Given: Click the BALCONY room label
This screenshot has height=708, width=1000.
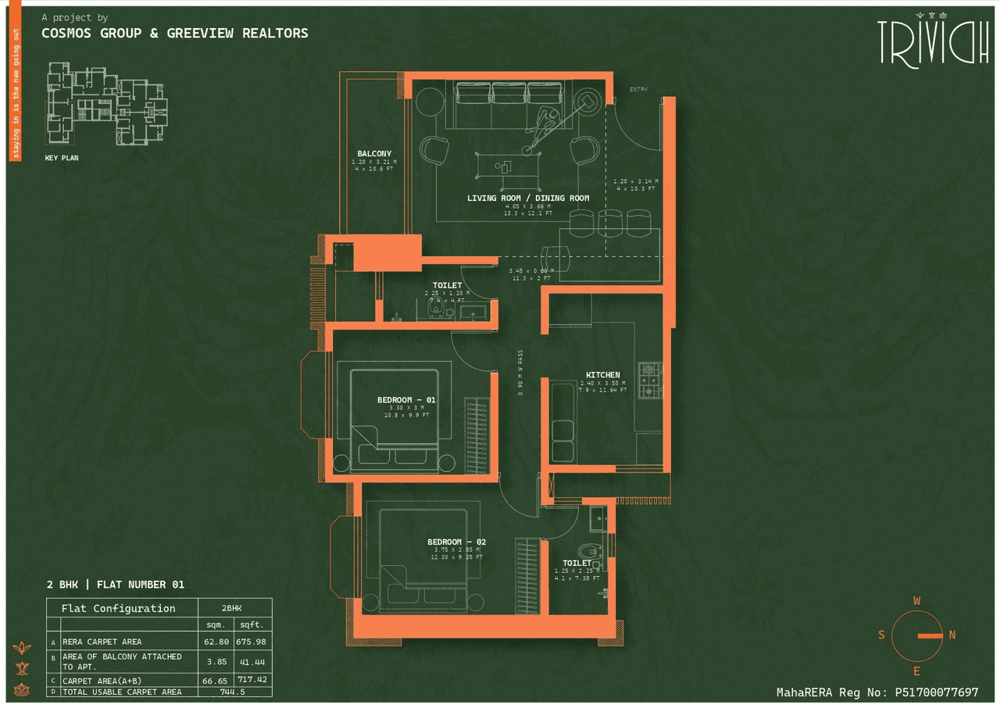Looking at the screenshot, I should click(x=374, y=154).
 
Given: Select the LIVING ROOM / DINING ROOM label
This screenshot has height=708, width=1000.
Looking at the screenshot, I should click(x=528, y=198).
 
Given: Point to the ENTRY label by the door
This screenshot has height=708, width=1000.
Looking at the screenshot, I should click(x=638, y=90).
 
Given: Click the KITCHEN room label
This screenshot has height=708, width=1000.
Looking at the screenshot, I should click(x=603, y=375).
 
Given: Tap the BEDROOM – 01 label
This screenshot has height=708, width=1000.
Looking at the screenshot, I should click(x=406, y=400).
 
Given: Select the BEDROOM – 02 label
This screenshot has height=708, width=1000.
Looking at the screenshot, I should click(x=456, y=542).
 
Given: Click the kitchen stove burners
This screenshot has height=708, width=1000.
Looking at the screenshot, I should click(x=649, y=379).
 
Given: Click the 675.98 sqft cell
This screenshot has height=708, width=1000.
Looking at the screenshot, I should click(x=252, y=642).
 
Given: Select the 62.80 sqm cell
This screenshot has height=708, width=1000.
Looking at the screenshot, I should click(x=216, y=642).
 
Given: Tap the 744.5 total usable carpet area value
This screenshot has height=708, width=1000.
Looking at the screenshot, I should click(x=233, y=692).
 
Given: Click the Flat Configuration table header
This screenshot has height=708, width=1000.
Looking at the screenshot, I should click(x=119, y=608).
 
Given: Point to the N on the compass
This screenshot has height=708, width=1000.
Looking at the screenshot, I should click(x=952, y=635).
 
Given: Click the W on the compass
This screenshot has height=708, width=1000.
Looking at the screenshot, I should click(x=916, y=601).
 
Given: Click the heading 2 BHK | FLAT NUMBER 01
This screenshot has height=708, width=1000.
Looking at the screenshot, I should click(x=116, y=585).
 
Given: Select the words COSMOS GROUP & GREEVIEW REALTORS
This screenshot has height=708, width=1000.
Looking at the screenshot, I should click(x=175, y=33).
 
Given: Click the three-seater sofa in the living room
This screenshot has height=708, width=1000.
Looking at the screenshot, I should click(x=509, y=95).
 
